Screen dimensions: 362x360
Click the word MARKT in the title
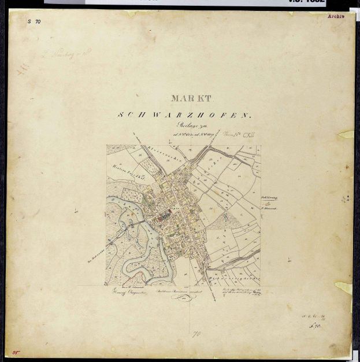coord(192,99)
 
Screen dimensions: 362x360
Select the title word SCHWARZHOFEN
coord(185,115)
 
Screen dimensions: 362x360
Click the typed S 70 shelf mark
coord(34,21)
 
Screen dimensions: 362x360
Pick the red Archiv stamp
coord(336,16)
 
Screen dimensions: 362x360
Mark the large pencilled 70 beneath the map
coord(196,334)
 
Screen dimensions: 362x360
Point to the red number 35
coord(16,351)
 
